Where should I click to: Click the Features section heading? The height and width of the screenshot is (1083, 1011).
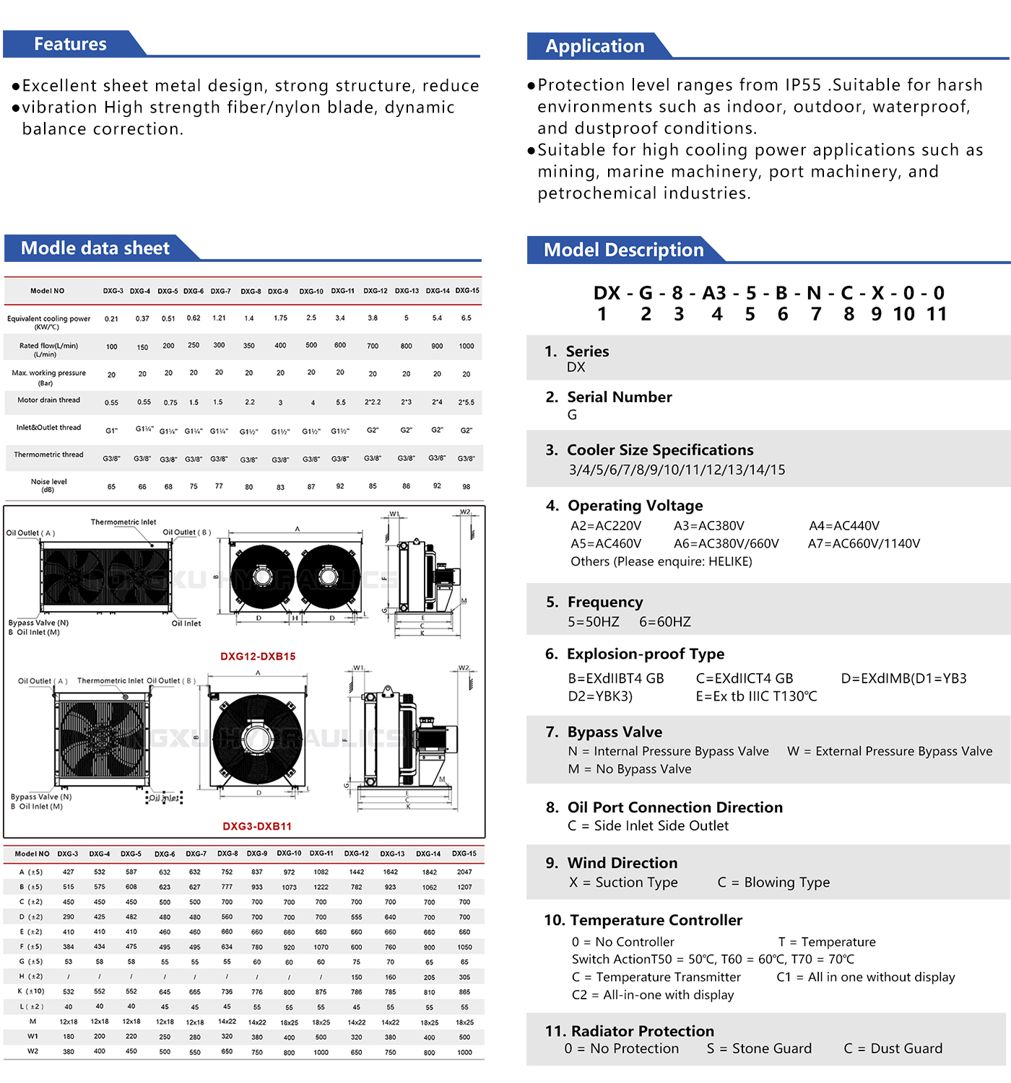[x=70, y=44]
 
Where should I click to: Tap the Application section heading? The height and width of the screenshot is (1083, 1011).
[x=594, y=46]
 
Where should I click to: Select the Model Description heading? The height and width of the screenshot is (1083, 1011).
[x=623, y=250]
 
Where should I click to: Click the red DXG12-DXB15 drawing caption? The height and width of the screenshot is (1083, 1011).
[x=258, y=657]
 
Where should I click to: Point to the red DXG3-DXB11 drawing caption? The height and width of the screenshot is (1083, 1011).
[x=257, y=826]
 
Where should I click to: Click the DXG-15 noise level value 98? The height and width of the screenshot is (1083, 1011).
[x=467, y=487]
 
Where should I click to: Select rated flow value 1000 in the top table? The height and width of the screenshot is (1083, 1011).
[x=467, y=346]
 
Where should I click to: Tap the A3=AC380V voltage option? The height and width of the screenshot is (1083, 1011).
[x=708, y=526]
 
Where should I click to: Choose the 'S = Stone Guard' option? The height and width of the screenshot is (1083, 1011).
[x=759, y=1048]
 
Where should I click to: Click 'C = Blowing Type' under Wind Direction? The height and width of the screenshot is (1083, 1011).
[x=773, y=882]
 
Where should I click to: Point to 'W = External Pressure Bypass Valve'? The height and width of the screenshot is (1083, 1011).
[x=890, y=751]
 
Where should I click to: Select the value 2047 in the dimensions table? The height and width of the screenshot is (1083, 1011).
[x=464, y=872]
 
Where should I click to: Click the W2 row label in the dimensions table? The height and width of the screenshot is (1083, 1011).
[x=32, y=1051]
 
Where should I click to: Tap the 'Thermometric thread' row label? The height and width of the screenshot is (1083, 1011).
[x=48, y=455]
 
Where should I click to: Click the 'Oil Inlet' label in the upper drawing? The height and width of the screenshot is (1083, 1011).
[x=186, y=623]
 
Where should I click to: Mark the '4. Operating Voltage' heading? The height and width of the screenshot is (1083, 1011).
[x=625, y=506]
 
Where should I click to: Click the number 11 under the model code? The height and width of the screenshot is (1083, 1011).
[x=937, y=314]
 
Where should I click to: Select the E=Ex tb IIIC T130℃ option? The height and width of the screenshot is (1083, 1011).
[x=756, y=696]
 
